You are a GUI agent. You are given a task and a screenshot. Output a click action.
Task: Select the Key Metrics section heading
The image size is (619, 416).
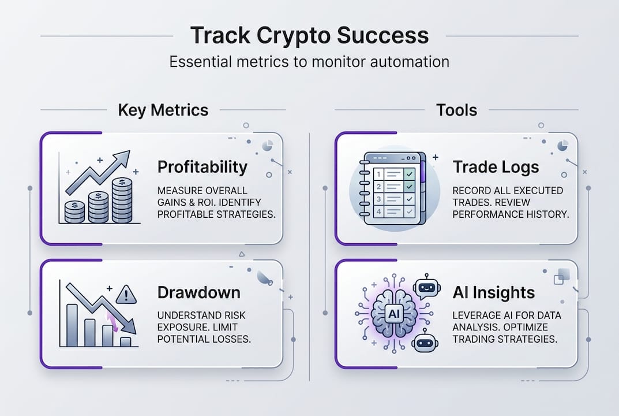163,110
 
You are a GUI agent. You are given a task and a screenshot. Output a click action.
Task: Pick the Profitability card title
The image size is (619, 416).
202,168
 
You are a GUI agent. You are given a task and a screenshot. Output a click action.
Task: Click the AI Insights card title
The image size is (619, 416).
494,292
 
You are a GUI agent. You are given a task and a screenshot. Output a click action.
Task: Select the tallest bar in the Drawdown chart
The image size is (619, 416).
72,325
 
